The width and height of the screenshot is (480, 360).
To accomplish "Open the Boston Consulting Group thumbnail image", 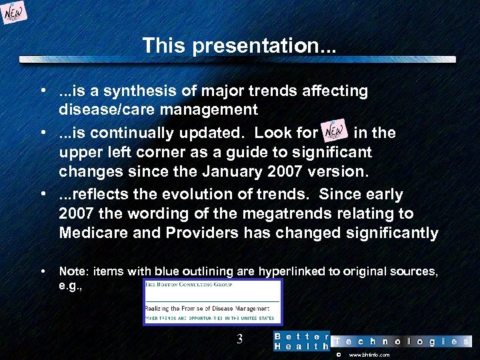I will point(213,302).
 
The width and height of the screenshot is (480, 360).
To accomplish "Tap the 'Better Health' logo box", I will point(301,341).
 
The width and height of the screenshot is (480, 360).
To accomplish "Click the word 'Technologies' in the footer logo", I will point(402,341).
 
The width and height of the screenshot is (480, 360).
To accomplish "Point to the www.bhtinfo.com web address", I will point(369,355).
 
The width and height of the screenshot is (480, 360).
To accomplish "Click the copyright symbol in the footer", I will point(338,355).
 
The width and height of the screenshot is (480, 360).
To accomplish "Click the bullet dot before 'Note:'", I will point(42,271).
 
